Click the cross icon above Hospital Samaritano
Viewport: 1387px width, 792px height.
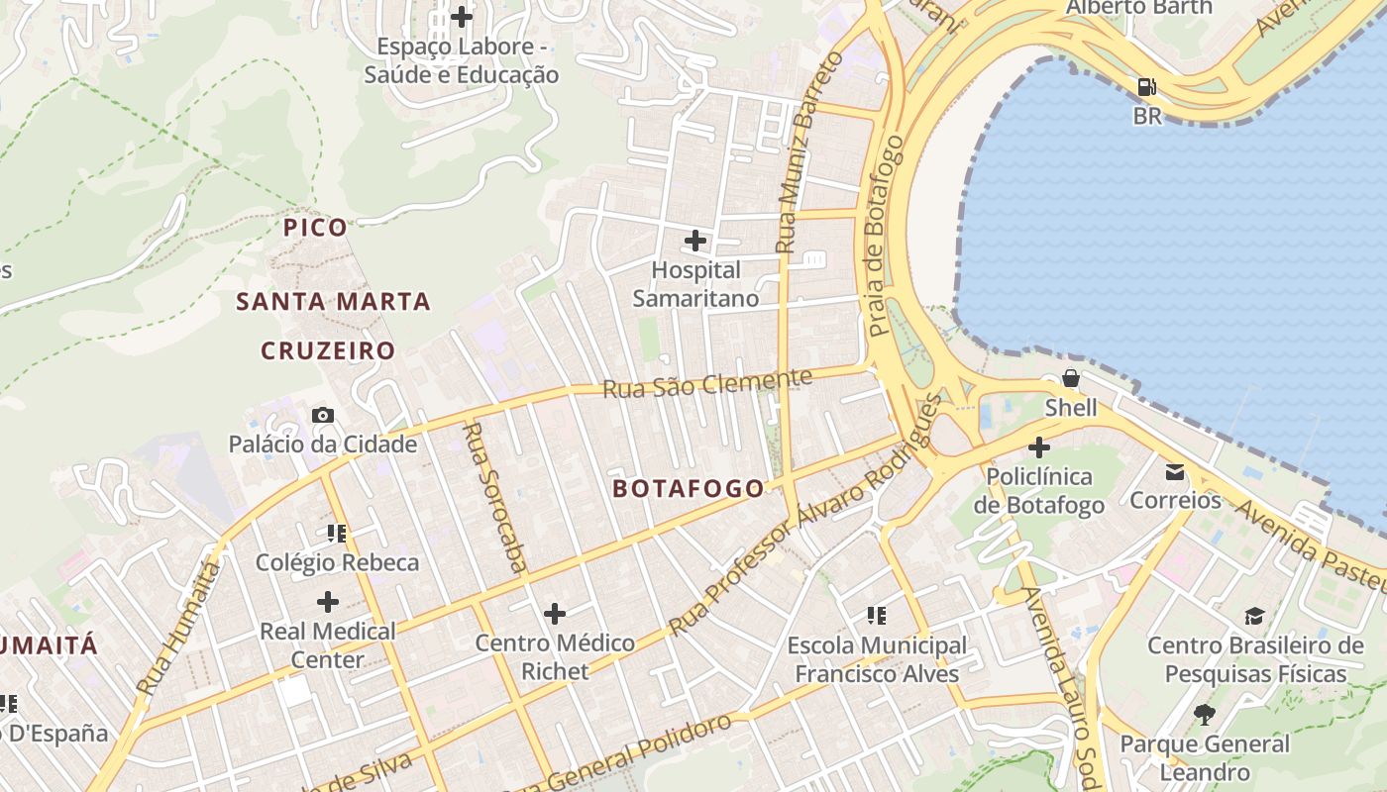[695, 241]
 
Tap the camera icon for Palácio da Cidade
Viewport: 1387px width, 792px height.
[323, 415]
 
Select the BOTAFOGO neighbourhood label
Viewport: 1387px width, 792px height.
[689, 488]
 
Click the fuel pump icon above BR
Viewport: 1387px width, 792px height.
[1147, 87]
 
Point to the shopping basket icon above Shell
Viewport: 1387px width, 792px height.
[1071, 378]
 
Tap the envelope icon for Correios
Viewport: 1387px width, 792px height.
[1175, 471]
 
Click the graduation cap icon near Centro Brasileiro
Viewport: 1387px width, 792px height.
[1255, 616]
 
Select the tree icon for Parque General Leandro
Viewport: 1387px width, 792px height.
[1205, 714]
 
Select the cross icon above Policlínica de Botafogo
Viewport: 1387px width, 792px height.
[1038, 447]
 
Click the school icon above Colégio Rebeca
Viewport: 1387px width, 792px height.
[336, 534]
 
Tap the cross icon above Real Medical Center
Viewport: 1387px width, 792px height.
[327, 601]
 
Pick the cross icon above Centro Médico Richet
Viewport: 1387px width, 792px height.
[555, 614]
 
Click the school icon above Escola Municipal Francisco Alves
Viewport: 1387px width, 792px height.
[876, 617]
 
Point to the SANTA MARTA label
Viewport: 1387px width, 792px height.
[333, 302]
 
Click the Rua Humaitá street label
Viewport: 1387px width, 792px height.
[178, 628]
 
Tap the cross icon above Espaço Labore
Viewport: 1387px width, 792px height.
[462, 17]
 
